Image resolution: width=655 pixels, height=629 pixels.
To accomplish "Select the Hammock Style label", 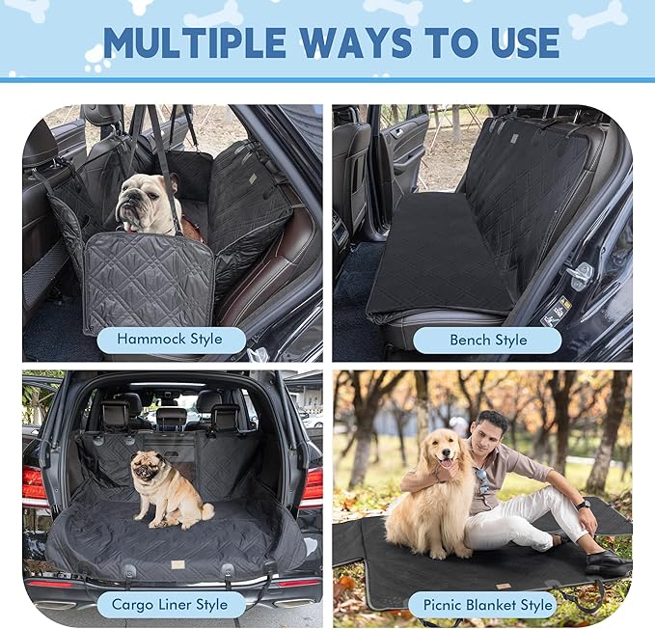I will [169, 339].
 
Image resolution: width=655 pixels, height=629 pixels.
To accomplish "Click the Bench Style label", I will [488, 340].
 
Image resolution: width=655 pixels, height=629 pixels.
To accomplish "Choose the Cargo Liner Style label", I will [170, 605].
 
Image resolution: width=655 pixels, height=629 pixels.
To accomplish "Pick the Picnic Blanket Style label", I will [488, 605].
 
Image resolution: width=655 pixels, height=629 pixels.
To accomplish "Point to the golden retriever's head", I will [443, 453].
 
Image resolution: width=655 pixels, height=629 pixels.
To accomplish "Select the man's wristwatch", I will [583, 504].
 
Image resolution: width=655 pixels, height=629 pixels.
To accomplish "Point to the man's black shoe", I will [605, 562].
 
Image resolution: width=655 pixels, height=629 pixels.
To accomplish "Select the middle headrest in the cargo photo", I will [171, 417].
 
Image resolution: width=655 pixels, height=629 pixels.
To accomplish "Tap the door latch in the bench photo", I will [580, 275].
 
